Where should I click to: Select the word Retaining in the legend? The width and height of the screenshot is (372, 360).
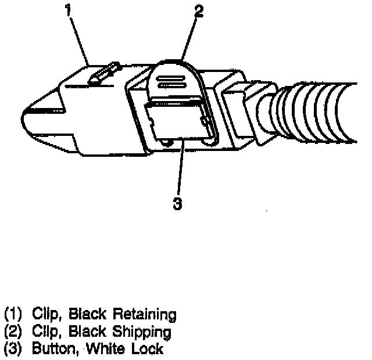point(144,315)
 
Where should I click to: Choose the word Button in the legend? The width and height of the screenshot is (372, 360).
point(53,349)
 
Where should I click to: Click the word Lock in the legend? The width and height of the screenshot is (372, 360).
point(147,349)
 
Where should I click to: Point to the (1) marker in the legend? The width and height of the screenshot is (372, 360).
point(12,315)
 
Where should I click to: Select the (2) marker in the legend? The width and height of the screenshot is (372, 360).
point(12,332)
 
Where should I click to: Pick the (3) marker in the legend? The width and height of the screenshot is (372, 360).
point(12,349)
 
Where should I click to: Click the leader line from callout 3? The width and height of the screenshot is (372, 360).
point(180,168)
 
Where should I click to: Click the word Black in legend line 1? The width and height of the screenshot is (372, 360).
point(88,315)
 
